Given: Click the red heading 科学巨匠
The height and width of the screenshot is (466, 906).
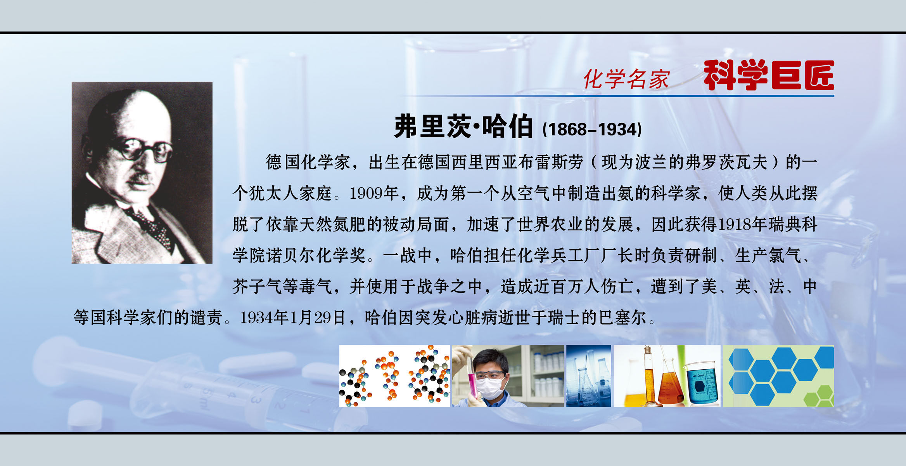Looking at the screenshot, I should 768,75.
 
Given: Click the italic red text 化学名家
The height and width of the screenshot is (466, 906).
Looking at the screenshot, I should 626,79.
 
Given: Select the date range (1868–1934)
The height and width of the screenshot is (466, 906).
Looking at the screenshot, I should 592,129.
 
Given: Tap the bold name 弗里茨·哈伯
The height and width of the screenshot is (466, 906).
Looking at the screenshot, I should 463,127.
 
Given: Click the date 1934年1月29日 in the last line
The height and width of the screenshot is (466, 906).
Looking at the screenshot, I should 293,318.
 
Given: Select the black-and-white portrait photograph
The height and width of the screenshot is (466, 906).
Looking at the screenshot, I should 142,172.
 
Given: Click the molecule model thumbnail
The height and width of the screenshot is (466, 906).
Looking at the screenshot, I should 394,376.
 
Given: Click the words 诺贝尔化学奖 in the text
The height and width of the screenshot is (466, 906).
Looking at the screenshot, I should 315,256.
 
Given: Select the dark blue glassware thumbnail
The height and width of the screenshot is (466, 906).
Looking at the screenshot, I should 588,376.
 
